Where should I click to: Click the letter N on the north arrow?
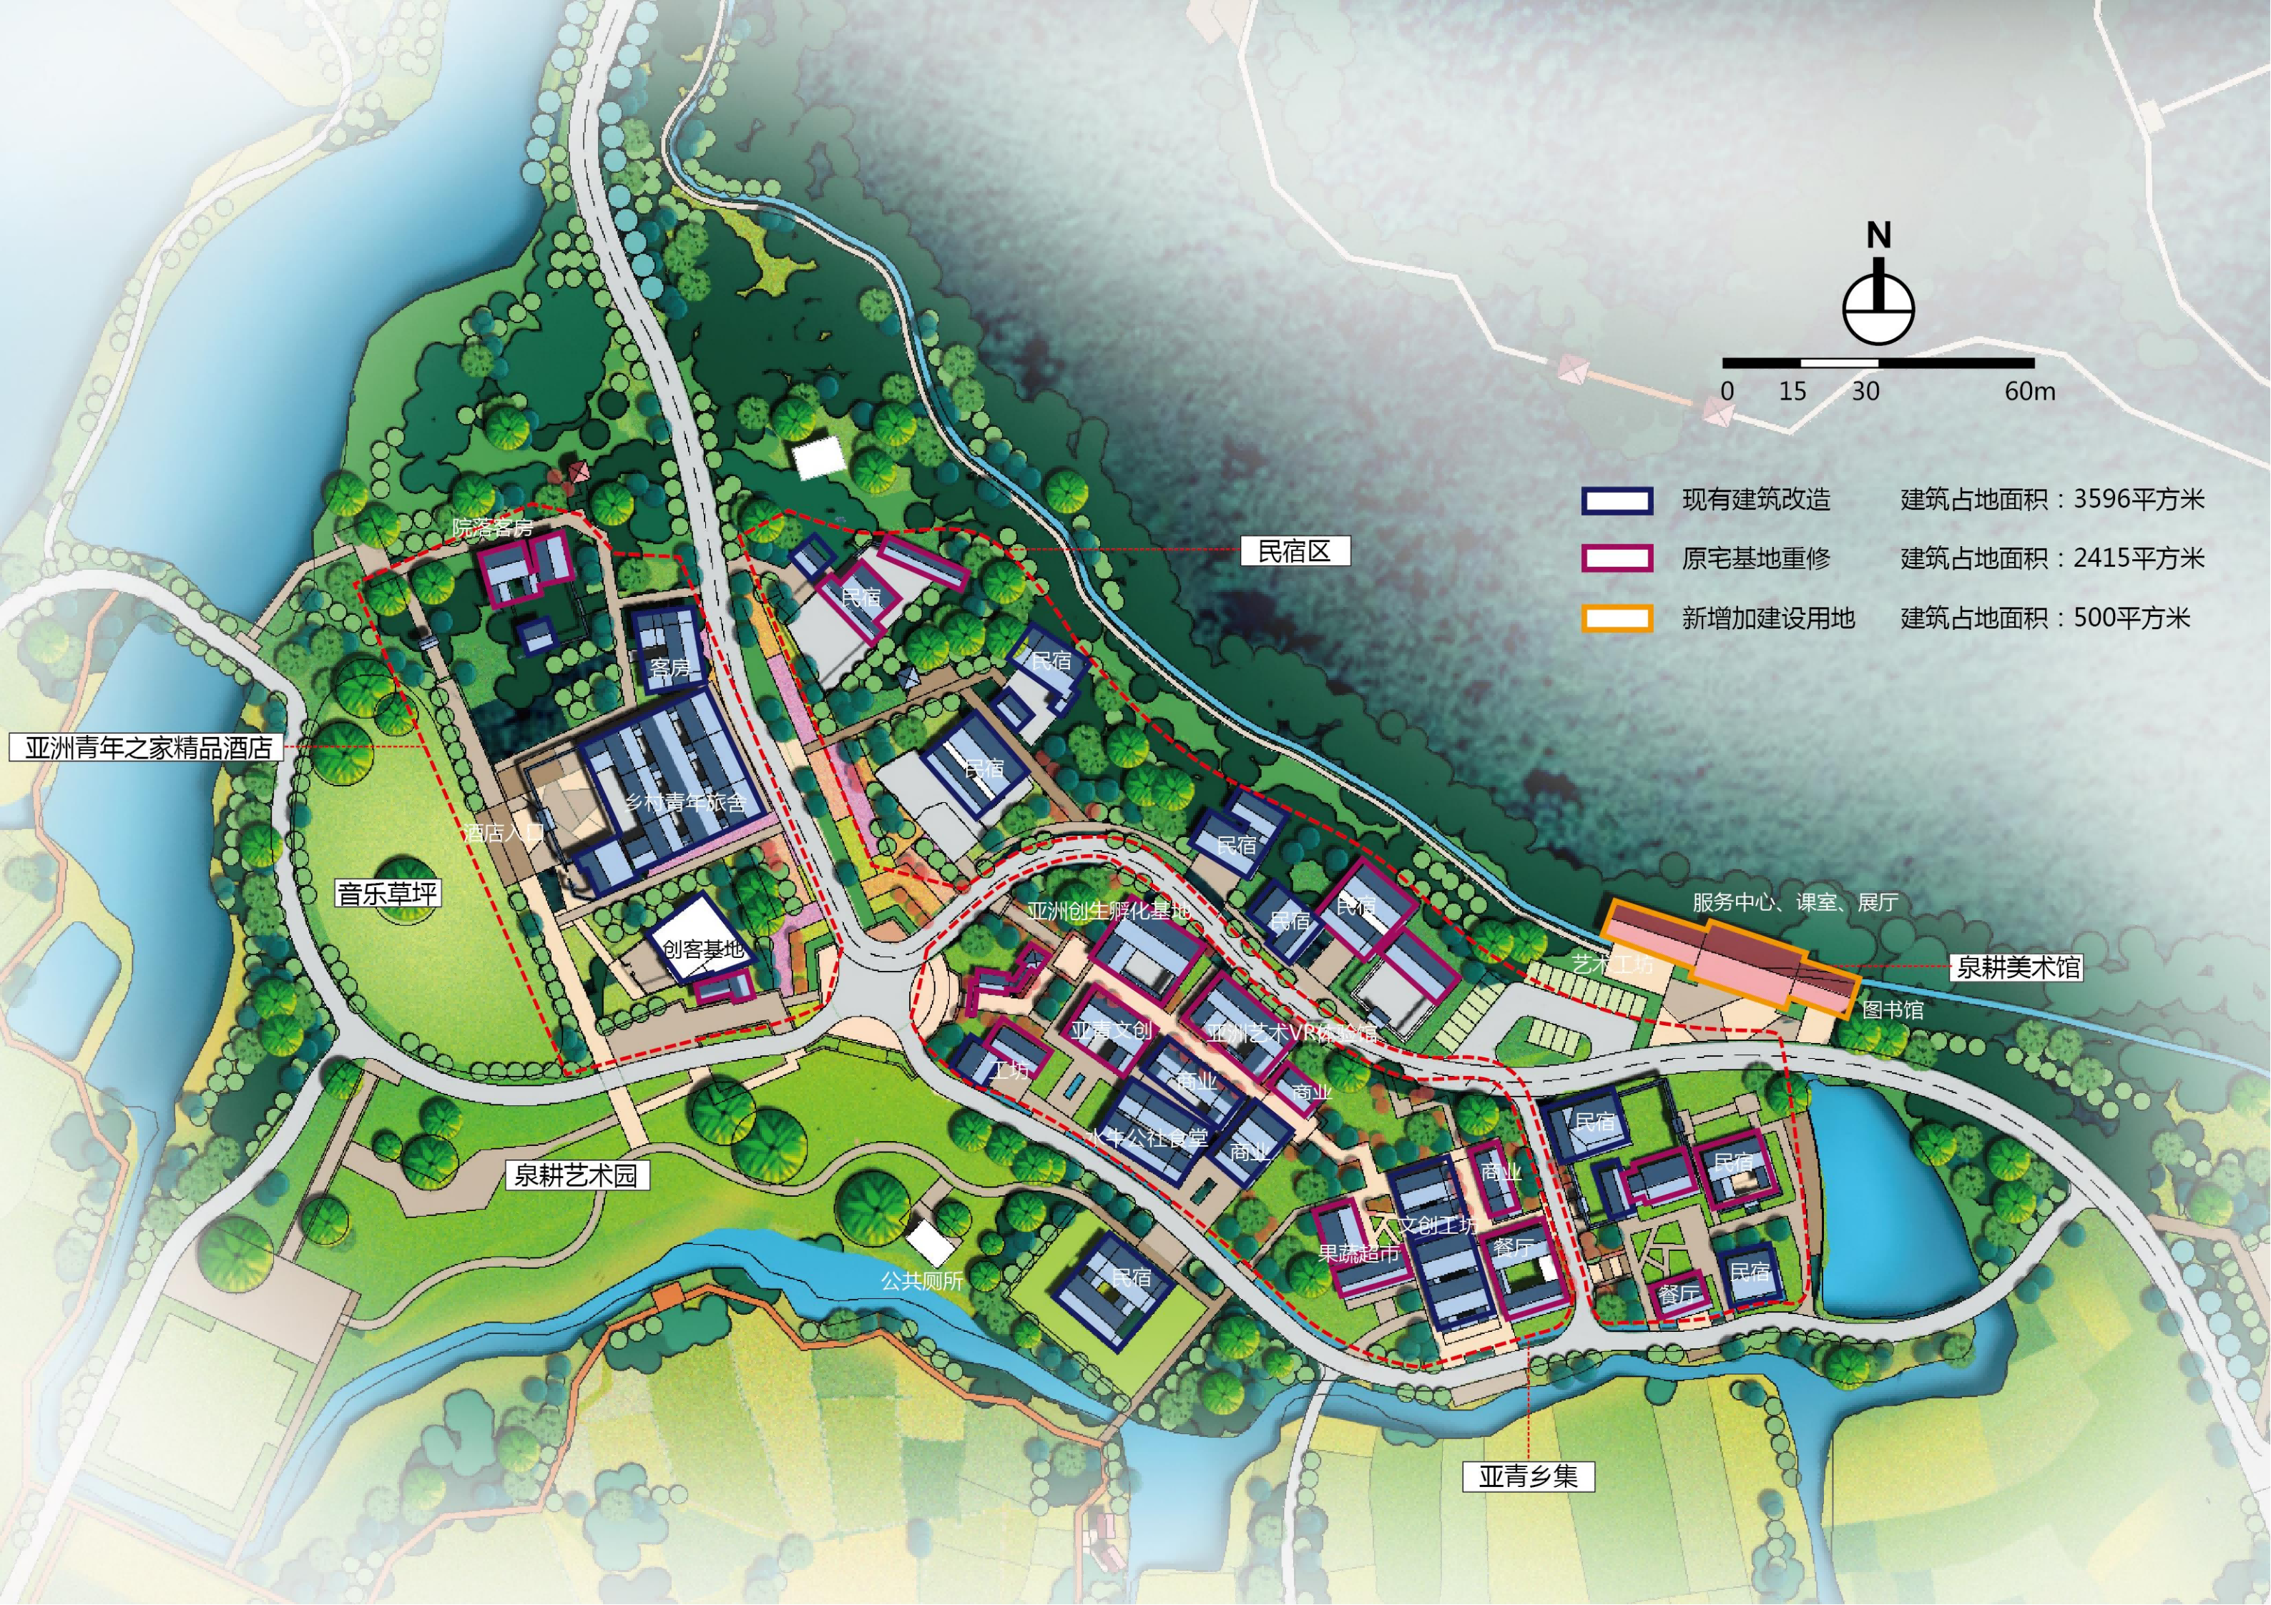pyautogui.click(x=1878, y=235)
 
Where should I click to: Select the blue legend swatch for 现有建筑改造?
pyautogui.click(x=1617, y=500)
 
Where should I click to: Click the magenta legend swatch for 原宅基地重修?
pyautogui.click(x=1617, y=559)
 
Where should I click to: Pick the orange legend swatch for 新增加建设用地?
pyautogui.click(x=1617, y=619)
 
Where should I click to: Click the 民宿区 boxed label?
pyautogui.click(x=1295, y=552)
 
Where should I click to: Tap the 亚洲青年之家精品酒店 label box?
pyautogui.click(x=147, y=748)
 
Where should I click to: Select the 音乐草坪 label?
pyautogui.click(x=387, y=894)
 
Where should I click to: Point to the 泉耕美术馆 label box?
pyautogui.click(x=2018, y=967)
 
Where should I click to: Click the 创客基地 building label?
pyautogui.click(x=702, y=949)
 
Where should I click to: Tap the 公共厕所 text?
pyautogui.click(x=922, y=1280)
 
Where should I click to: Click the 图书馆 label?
pyautogui.click(x=1892, y=1009)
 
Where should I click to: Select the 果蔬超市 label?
pyautogui.click(x=1359, y=1254)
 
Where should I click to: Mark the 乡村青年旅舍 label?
pyautogui.click(x=685, y=802)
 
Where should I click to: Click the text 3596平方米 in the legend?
pyautogui.click(x=2139, y=500)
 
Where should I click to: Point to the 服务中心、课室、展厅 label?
pyautogui.click(x=1794, y=902)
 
